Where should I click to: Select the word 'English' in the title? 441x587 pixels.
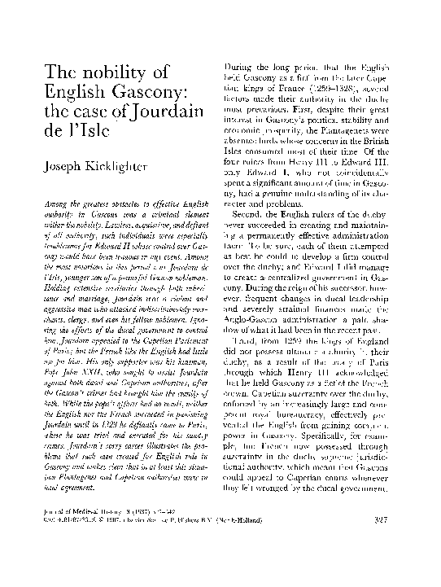(65, 90)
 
